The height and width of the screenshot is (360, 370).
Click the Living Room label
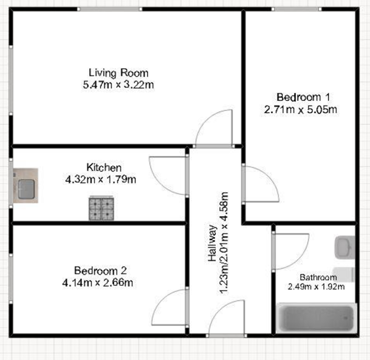(x=118, y=73)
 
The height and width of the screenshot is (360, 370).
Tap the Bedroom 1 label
(x=300, y=96)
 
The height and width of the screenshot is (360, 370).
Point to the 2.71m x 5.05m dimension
(x=300, y=109)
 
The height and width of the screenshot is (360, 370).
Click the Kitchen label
(x=104, y=167)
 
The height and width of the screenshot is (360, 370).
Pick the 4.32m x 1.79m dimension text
(x=100, y=179)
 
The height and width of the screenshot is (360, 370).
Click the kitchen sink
(x=26, y=186)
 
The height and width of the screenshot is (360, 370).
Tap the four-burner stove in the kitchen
(x=102, y=208)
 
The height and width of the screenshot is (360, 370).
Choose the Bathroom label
(x=318, y=277)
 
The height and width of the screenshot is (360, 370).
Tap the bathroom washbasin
(x=344, y=247)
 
